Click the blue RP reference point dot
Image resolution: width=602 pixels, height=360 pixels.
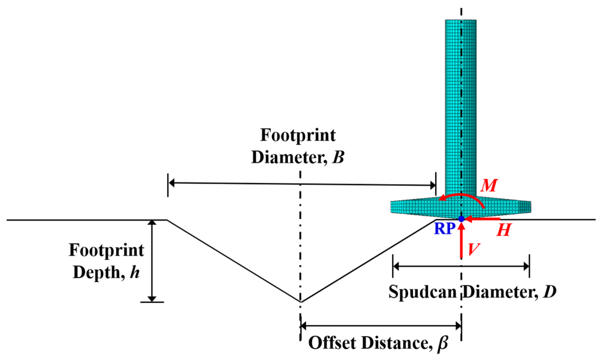(461, 219)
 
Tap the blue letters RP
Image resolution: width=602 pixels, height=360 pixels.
(444, 229)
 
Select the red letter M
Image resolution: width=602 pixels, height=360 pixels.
(489, 186)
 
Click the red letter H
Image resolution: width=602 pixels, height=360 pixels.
(504, 230)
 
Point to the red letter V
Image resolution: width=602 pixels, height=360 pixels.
(474, 249)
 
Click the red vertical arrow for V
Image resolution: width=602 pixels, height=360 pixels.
(461, 243)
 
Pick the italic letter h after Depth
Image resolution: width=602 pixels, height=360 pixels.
(135, 273)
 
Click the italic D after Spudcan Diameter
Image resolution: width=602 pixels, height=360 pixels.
(549, 292)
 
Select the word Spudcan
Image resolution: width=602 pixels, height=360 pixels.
(422, 292)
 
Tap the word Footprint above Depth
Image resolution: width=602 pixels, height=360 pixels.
(106, 250)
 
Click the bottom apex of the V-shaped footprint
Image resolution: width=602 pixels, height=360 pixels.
(300, 302)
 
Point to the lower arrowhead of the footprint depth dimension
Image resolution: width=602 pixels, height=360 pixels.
(152, 299)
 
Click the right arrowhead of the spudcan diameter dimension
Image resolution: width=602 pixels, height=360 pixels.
(526, 266)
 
